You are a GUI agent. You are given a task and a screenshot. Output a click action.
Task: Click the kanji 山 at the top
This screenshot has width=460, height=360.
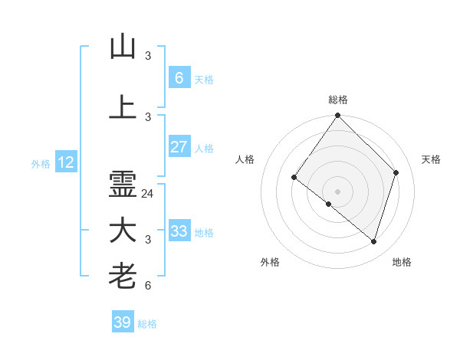[123, 47]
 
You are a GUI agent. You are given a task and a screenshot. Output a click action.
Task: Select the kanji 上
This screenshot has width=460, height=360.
[123, 106]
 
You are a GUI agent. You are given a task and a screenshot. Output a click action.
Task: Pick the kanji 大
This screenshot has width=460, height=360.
[123, 231]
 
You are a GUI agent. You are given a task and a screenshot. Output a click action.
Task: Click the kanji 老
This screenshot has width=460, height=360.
[123, 276]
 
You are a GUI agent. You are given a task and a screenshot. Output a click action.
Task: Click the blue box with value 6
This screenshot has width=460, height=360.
[179, 77]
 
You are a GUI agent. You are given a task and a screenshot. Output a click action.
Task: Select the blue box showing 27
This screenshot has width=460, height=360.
[179, 147]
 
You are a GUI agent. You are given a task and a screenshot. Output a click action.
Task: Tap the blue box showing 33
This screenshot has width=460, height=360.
[179, 231]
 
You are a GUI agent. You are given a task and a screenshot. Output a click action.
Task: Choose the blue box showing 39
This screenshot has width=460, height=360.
[123, 322]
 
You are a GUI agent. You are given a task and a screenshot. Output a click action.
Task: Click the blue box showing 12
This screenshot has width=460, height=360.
[66, 162]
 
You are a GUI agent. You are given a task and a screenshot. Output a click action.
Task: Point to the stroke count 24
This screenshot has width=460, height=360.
[148, 194]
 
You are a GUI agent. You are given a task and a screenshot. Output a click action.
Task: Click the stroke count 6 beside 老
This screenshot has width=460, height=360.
[148, 286]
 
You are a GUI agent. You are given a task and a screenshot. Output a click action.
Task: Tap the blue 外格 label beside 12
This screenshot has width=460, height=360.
[41, 163]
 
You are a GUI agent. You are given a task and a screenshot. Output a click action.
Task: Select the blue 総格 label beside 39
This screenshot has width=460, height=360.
[147, 324]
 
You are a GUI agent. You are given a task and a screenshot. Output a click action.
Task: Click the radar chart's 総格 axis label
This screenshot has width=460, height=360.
[337, 100]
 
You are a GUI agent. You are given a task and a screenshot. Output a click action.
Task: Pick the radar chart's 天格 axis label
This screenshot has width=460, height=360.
[431, 159]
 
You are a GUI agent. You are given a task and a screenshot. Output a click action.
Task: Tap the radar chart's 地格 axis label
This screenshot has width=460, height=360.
[402, 262]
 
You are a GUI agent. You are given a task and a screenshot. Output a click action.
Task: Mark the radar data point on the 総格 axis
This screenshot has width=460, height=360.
[337, 116]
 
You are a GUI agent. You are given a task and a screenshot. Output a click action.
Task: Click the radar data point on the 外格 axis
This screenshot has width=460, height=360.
[329, 204]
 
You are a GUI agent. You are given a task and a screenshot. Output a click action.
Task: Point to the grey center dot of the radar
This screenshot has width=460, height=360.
[337, 191]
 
